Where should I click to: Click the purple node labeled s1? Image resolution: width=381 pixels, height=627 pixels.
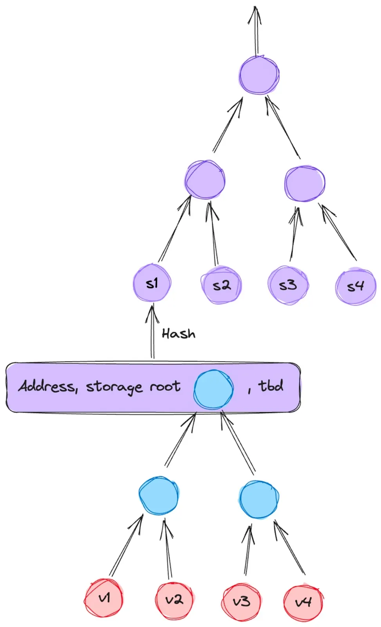point(152,283)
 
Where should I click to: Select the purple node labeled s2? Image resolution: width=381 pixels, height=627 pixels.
point(221,285)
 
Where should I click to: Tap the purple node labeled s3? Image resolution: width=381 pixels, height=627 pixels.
point(288,285)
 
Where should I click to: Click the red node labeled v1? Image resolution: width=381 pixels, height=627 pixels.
point(104,598)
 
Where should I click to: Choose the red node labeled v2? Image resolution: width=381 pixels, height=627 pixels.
point(174,600)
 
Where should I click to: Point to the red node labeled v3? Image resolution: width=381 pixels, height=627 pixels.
point(241,601)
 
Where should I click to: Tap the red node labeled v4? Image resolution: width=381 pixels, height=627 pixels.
point(303,602)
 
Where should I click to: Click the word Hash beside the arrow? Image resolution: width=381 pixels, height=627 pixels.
point(179,334)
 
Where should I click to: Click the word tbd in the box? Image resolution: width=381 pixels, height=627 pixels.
point(271,386)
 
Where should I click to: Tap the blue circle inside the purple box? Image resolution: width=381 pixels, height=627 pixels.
point(214,389)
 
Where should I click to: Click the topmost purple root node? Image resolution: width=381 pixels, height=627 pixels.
point(259,75)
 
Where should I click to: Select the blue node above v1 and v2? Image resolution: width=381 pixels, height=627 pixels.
point(159,495)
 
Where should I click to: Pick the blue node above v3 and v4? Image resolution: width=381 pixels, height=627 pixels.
point(259,499)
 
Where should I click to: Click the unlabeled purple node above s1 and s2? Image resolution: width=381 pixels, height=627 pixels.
point(205,180)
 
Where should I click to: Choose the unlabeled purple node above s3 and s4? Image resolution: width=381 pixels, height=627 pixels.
point(305,183)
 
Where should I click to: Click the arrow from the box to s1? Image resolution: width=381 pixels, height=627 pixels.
point(152,333)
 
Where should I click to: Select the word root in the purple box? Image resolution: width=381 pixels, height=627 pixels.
point(165,387)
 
